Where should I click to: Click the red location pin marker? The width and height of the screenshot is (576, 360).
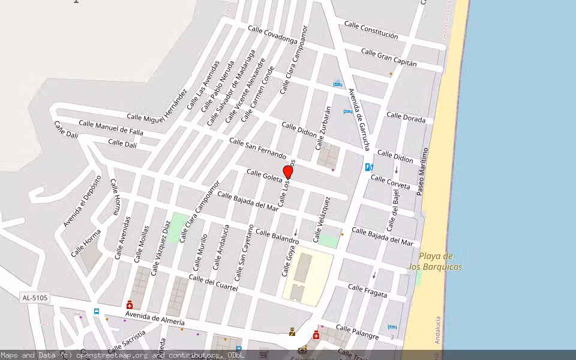click(x=288, y=172)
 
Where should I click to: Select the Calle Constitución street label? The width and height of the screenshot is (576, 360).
click(x=371, y=31)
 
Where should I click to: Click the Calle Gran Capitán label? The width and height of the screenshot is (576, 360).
click(x=389, y=58)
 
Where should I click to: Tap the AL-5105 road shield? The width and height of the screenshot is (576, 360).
click(x=35, y=298)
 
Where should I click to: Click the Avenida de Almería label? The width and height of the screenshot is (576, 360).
click(x=155, y=318)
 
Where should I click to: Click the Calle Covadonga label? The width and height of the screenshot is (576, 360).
click(x=272, y=35)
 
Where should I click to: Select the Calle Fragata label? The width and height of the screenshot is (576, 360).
click(x=368, y=292)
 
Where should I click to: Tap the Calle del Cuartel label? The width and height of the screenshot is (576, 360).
click(x=213, y=283)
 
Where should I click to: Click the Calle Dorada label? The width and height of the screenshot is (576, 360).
click(x=406, y=118)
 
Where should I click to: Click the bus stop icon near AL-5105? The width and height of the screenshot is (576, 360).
click(x=96, y=311)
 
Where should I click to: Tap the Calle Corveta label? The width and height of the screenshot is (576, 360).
click(x=390, y=182)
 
